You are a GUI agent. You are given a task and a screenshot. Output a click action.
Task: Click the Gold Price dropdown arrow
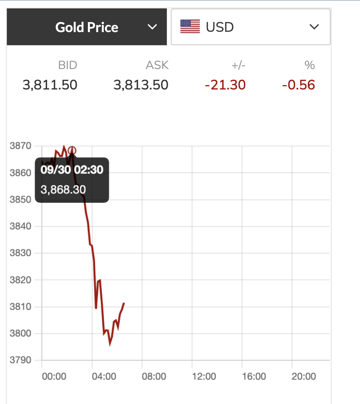point(152,27)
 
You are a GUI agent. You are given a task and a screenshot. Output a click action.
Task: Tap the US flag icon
point(190,27)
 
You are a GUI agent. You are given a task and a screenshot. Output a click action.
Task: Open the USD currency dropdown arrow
point(314,27)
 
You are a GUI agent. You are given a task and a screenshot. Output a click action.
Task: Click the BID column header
point(67,65)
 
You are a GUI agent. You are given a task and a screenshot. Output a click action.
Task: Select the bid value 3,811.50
point(50,85)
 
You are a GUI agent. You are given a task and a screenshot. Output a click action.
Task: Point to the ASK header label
point(157,65)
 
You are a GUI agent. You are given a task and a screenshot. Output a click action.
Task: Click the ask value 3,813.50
point(141,85)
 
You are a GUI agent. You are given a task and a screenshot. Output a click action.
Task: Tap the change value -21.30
point(225,85)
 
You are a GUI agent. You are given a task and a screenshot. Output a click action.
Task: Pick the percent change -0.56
point(298,85)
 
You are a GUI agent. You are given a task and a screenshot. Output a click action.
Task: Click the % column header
point(310,65)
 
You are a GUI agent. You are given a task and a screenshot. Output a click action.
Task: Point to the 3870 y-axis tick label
point(20,146)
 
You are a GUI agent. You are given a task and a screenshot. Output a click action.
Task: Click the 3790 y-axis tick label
point(20,360)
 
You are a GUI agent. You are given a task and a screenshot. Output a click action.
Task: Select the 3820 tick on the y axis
point(20,280)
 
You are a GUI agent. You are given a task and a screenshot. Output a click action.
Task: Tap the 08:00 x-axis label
point(154,376)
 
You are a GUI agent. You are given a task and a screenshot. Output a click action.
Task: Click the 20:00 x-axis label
point(304,376)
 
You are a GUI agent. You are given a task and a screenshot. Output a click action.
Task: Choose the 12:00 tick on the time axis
point(204,376)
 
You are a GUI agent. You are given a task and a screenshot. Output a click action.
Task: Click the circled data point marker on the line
point(72,150)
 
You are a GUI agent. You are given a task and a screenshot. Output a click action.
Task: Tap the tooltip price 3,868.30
point(63,190)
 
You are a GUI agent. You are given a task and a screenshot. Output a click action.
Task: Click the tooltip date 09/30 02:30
point(72,170)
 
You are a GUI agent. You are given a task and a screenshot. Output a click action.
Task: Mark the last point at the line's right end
point(124,303)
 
